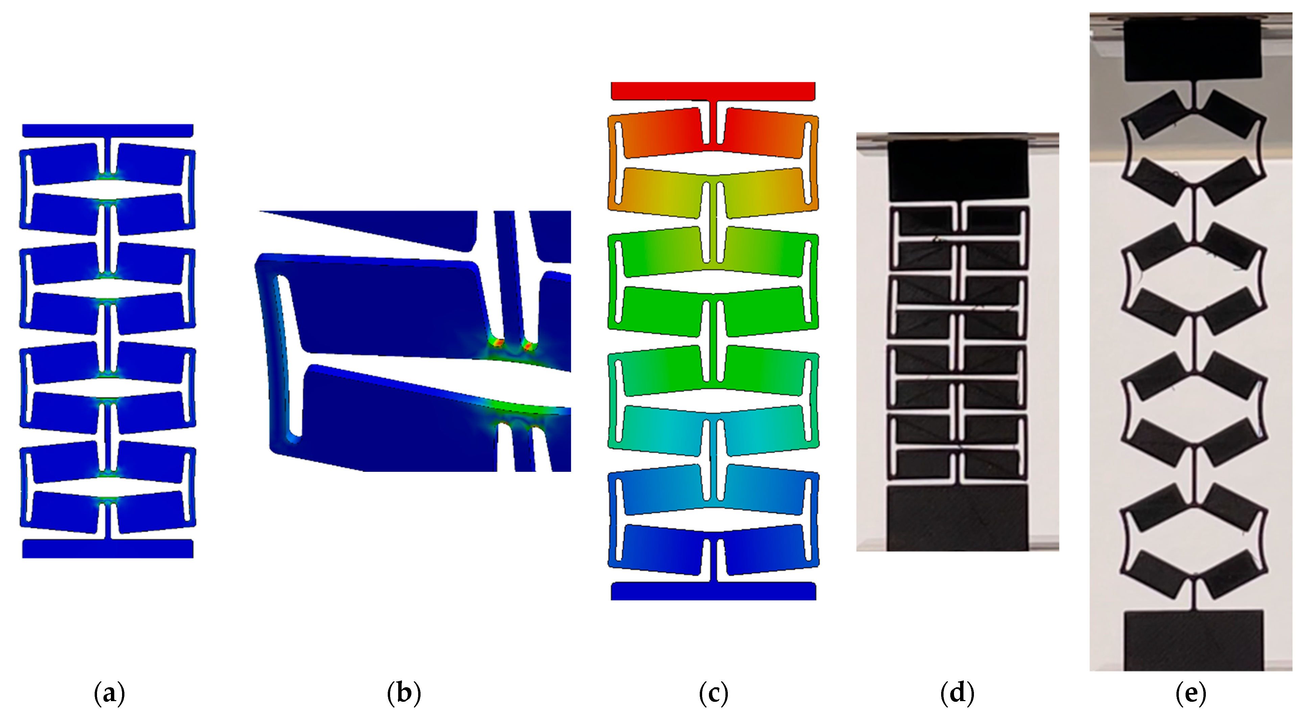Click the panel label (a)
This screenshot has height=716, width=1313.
click(110, 694)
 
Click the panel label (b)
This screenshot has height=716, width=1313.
click(404, 694)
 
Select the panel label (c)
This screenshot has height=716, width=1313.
click(714, 694)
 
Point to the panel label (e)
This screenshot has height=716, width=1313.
click(1191, 694)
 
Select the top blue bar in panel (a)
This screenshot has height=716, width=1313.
click(108, 131)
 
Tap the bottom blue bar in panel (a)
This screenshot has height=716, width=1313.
click(108, 549)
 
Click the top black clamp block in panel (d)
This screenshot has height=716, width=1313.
click(958, 170)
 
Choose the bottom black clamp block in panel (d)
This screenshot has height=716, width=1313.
click(958, 517)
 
